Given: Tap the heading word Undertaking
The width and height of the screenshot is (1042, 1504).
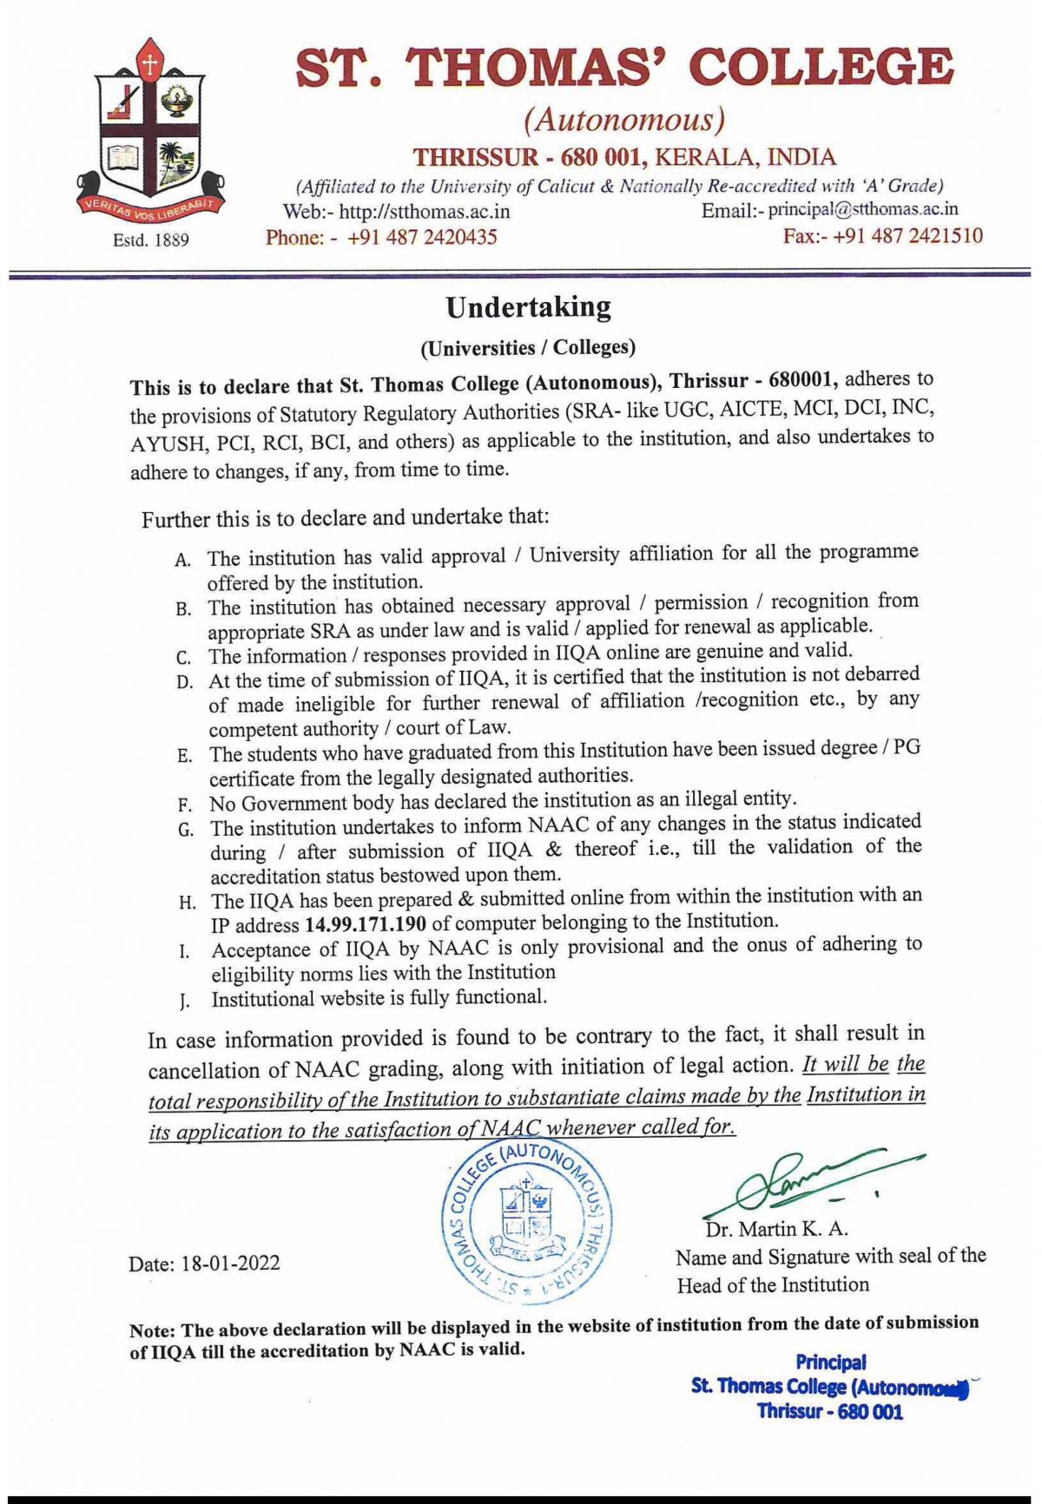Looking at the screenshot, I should click(x=528, y=307).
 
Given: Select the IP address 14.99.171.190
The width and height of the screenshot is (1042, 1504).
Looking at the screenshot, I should click(x=365, y=924).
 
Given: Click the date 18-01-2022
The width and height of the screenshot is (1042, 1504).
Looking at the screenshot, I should click(x=230, y=1263).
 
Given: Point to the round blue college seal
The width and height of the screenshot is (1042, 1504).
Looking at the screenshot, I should click(x=527, y=1220).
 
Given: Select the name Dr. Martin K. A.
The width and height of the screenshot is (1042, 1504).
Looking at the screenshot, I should click(x=776, y=1229).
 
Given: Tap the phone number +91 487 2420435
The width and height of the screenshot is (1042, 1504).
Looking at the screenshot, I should click(x=422, y=237).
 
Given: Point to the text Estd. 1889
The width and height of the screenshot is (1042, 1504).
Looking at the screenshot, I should click(x=151, y=240).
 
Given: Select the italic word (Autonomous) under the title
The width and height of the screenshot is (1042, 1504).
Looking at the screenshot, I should click(x=623, y=119).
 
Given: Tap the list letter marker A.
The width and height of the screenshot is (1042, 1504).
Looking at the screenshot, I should click(x=182, y=560).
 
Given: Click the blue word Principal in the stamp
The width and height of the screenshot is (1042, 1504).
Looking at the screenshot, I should click(x=831, y=1363).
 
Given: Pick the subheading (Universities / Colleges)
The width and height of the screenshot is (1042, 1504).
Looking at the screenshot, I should click(x=528, y=348).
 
